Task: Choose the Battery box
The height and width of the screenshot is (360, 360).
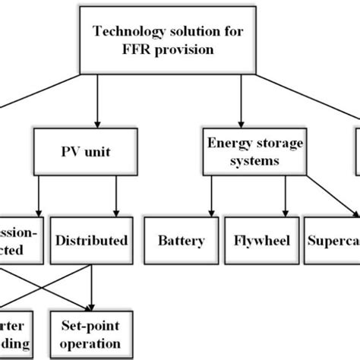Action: pos(181,241)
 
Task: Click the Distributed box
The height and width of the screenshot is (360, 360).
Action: pos(91,241)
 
